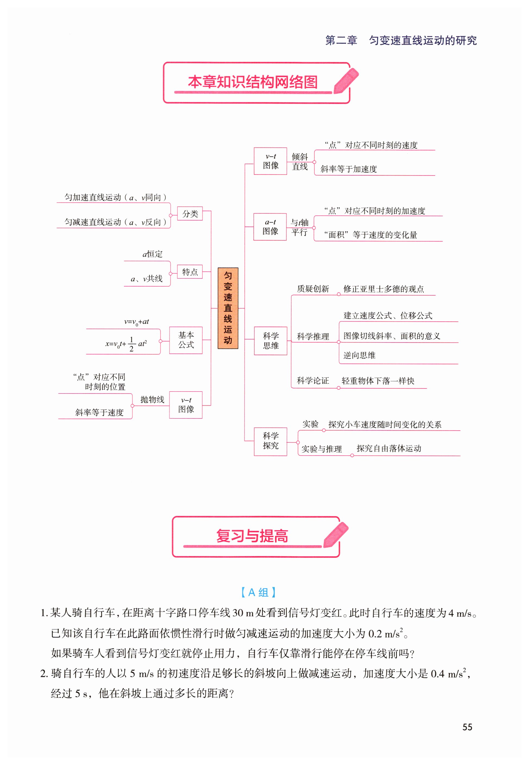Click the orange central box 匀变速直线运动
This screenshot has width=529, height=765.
228,308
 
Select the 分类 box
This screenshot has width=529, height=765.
190,214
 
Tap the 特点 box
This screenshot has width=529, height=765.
190,272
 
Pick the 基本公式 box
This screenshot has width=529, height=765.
186,340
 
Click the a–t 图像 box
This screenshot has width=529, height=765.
270,227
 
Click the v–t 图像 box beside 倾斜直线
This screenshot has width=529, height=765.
270,161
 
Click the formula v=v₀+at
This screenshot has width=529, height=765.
137,322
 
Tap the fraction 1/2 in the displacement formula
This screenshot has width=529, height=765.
132,344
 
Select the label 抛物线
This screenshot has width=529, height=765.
152,399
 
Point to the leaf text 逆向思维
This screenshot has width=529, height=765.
359,355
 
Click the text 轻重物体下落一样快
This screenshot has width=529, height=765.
378,381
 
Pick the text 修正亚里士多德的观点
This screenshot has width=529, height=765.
383,289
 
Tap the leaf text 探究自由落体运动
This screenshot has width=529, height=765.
389,449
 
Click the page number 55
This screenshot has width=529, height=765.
467,727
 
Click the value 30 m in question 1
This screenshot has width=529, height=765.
243,613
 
